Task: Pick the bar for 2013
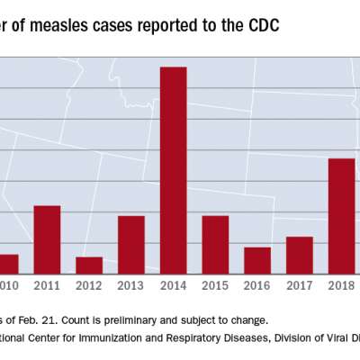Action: click(131, 244)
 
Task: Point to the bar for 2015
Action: click(215, 244)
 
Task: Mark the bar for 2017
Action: click(299, 255)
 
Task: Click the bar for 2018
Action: click(341, 215)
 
